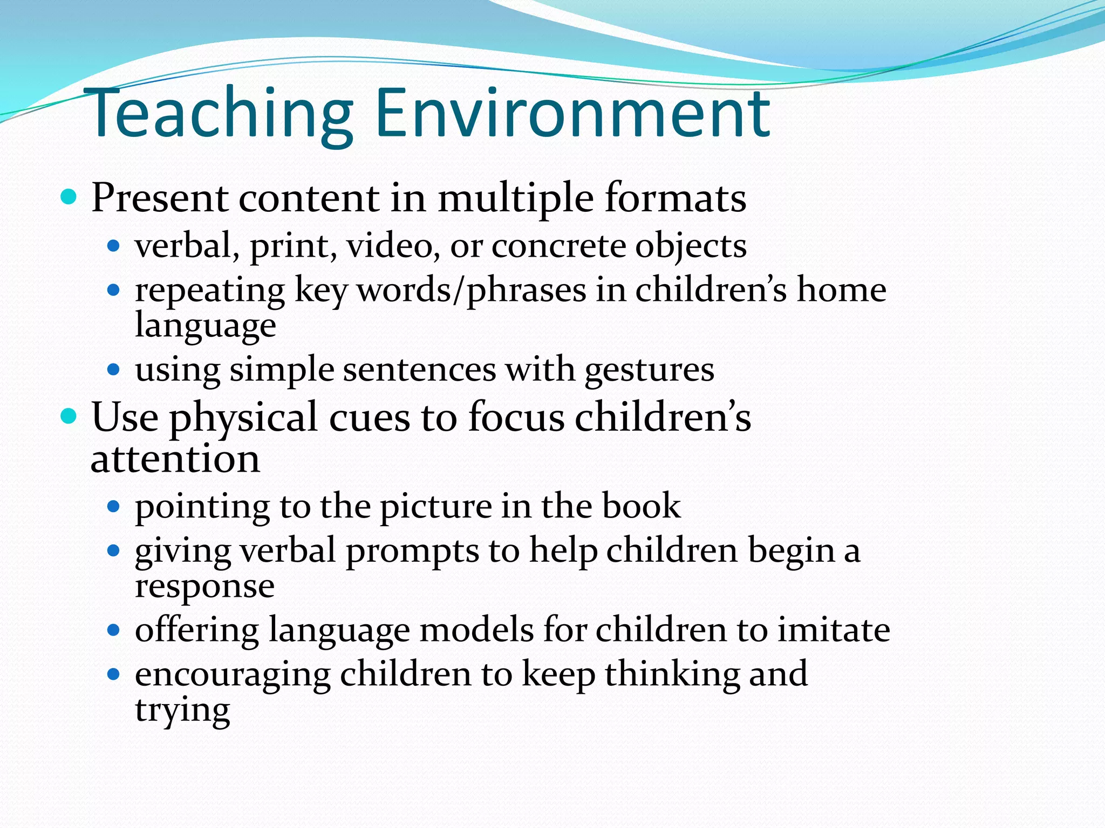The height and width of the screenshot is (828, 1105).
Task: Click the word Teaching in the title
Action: click(219, 114)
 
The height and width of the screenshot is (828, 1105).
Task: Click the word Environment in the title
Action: click(572, 114)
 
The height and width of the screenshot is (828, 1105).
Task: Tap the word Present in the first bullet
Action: click(160, 198)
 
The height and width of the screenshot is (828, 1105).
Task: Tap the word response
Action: click(204, 587)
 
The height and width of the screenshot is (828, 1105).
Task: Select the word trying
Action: click(182, 711)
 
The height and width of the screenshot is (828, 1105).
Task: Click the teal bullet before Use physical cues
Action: click(69, 416)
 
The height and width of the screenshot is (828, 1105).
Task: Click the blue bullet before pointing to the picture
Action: click(113, 507)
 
